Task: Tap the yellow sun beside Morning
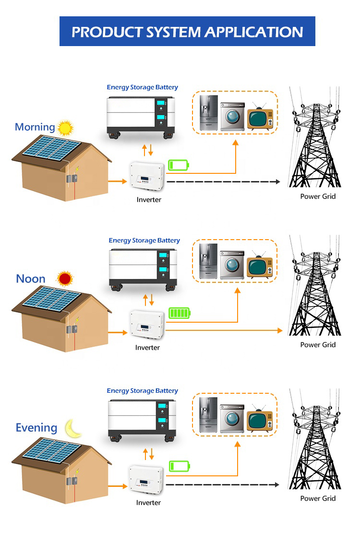click(66, 127)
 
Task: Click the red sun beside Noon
click(64, 279)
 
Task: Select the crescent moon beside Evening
click(73, 428)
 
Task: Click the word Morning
click(35, 127)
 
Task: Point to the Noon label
click(31, 279)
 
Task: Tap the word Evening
click(36, 428)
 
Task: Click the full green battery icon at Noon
click(180, 314)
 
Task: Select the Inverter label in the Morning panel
click(149, 200)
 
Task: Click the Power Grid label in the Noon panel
click(318, 345)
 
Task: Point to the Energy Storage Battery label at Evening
click(142, 391)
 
